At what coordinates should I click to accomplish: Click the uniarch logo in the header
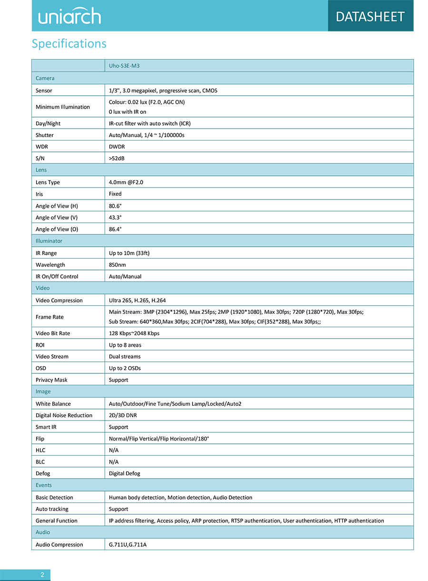[69, 17]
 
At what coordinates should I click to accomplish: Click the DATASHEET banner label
[370, 17]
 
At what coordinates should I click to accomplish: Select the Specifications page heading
[69, 44]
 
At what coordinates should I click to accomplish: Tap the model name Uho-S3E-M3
[124, 66]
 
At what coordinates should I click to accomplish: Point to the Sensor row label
[44, 90]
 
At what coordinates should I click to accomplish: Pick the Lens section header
[41, 170]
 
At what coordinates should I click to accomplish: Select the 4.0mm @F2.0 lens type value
[126, 182]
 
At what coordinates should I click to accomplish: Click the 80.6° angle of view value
[116, 206]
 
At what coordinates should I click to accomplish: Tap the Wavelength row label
[50, 265]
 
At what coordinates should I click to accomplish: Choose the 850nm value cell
[117, 265]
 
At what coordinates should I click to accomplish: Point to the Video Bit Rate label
[53, 333]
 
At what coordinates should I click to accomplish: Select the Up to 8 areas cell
[125, 345]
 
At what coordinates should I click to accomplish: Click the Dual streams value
[125, 357]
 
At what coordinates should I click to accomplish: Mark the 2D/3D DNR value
[123, 415]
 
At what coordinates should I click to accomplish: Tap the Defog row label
[43, 473]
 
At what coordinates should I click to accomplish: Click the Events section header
[43, 485]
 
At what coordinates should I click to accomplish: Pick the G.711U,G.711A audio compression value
[127, 544]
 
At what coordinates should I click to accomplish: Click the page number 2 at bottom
[42, 575]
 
